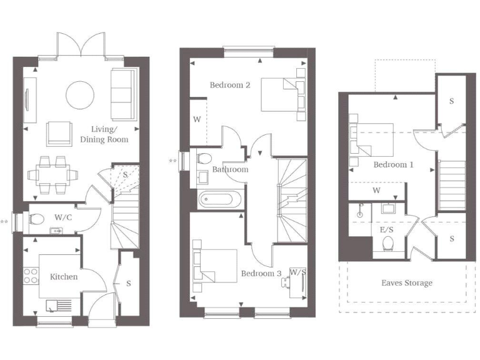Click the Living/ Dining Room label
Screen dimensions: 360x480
click(109, 134)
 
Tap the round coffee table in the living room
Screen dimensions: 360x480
click(80, 94)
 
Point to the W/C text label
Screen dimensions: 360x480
click(62, 217)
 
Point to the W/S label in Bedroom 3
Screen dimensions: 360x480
click(297, 272)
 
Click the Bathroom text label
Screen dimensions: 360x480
click(230, 169)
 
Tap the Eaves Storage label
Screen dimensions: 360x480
click(406, 283)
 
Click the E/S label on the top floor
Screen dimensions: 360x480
click(386, 230)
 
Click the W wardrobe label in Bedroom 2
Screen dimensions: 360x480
click(197, 119)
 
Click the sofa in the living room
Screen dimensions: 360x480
click(121, 94)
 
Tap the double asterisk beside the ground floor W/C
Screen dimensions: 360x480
click(5, 221)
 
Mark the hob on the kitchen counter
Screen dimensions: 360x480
click(29, 276)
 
